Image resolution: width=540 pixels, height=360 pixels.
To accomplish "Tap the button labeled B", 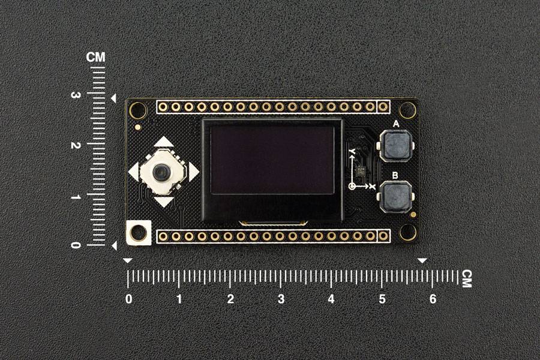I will point(396,196).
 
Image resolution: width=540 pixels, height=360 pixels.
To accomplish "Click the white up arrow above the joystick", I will point(163,142).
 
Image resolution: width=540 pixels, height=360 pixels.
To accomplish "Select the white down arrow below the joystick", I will point(163,202).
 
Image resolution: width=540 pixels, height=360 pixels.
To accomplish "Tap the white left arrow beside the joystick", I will point(133,172).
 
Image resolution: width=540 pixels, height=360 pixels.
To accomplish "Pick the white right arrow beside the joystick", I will point(193,172).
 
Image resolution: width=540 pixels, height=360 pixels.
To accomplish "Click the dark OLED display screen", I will point(272,160).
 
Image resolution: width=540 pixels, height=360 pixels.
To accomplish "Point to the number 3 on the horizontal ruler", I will point(281,299).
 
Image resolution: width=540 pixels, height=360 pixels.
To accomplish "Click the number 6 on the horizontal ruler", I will point(433,299).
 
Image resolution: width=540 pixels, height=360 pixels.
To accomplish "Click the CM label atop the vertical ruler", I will point(95,58).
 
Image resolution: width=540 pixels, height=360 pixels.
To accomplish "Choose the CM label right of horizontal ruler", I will point(466,278).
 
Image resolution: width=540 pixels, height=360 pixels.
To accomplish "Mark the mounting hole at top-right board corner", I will point(407,110).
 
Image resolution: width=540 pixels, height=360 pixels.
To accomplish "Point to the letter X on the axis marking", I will point(372,187).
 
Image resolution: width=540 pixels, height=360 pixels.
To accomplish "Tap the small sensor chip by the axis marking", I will point(360,171).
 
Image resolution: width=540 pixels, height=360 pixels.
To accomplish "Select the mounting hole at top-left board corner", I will point(138,110).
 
